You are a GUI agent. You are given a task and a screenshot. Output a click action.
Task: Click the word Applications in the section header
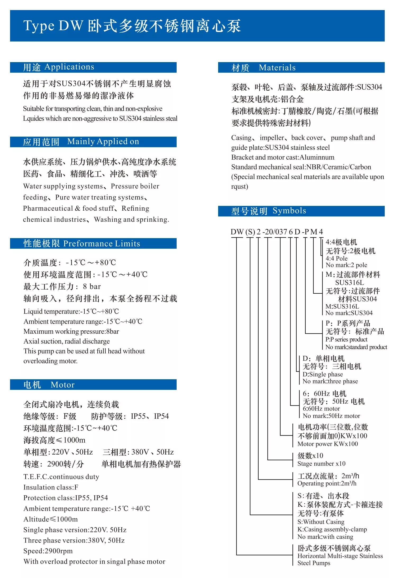69,67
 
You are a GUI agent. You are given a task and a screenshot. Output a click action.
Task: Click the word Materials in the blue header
277,68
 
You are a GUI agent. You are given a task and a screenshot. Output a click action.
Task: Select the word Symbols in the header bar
289,211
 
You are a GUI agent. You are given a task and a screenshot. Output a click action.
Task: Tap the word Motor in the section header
63,385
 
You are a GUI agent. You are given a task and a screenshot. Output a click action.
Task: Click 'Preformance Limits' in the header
102,243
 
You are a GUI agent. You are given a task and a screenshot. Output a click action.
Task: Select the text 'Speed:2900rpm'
48,551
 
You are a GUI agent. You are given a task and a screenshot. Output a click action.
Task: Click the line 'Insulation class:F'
51,487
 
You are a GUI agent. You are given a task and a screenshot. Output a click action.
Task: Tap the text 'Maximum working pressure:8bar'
71,331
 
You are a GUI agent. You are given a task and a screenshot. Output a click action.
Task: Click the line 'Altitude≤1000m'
51,519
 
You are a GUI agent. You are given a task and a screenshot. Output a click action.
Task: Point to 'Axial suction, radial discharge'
67,341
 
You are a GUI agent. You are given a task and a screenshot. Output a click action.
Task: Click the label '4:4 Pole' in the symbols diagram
336,258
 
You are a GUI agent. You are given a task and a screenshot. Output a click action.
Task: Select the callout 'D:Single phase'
323,374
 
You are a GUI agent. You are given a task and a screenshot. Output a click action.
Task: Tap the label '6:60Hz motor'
321,409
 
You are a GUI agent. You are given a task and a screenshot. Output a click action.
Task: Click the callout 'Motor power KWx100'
328,444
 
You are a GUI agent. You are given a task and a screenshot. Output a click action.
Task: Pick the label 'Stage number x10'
321,464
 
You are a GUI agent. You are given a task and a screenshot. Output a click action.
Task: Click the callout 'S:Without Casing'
321,522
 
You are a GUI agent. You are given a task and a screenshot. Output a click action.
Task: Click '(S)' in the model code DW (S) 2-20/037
250,232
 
